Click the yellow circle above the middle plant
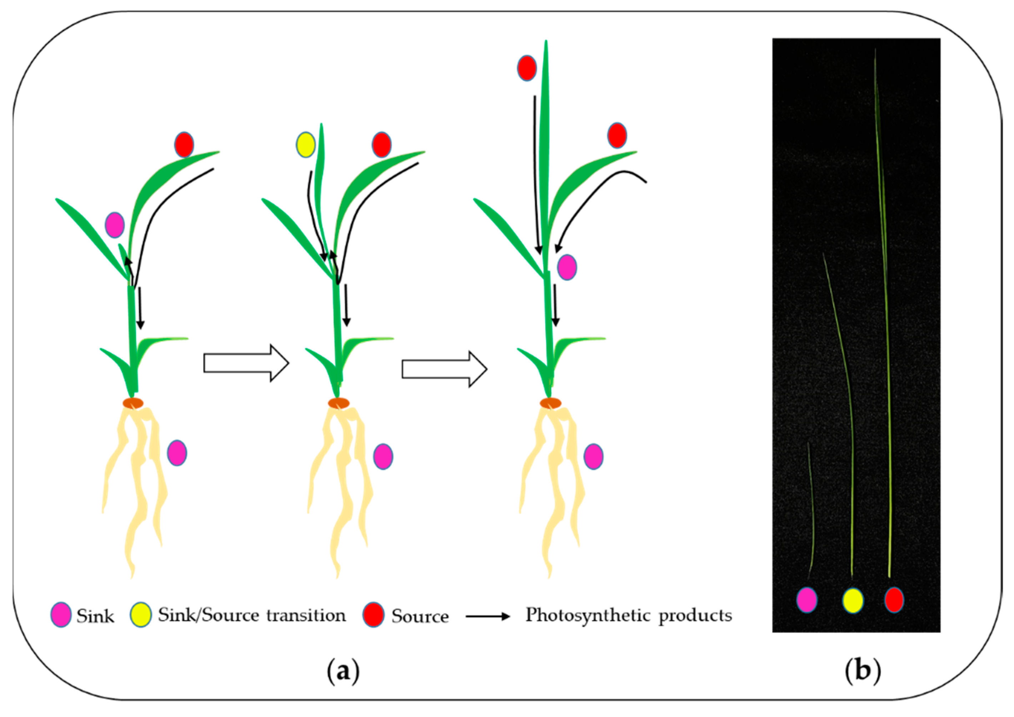coord(305,145)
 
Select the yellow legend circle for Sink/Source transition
coord(140,615)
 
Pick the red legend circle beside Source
coord(373,615)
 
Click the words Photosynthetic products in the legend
coord(628,615)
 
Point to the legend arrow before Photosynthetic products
coord(488,616)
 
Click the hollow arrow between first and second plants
coord(246,363)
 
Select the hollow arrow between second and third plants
coord(444,369)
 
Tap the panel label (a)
coord(343,671)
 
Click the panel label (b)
coord(863,670)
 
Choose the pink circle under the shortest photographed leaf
coord(807,600)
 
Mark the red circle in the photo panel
coord(894,600)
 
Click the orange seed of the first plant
coord(133,403)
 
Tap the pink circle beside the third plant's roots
coord(593,456)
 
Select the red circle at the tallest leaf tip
coord(526,68)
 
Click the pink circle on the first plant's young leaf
coord(114,225)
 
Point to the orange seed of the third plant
coord(550,403)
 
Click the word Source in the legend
coord(420,616)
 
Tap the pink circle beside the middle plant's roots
coord(382,456)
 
